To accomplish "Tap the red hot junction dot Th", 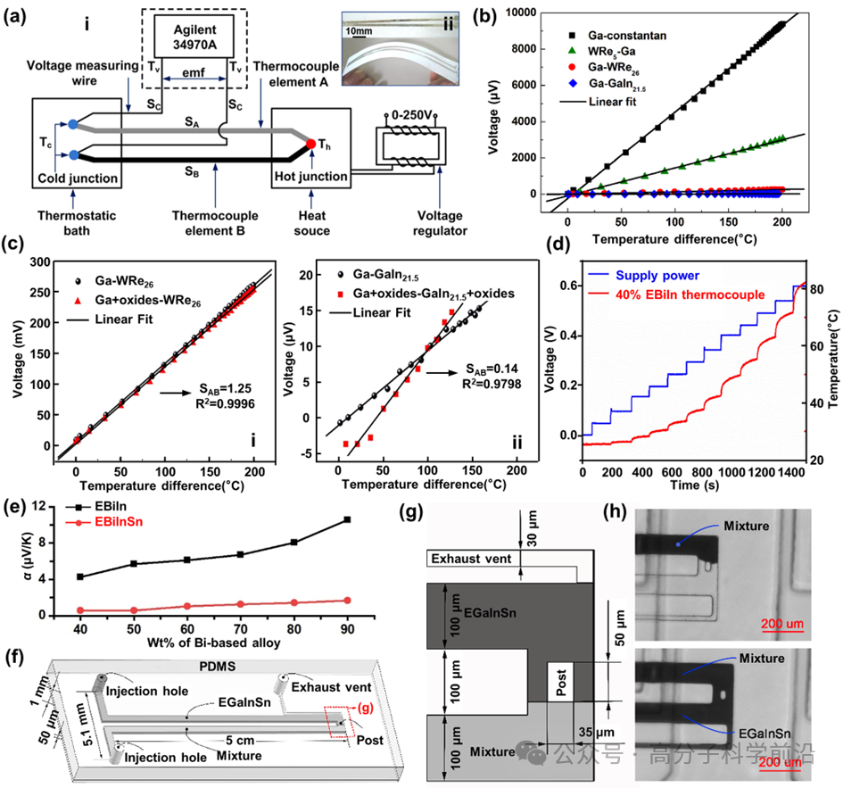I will point(310,144).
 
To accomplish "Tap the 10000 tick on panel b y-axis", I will point(526,12).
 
